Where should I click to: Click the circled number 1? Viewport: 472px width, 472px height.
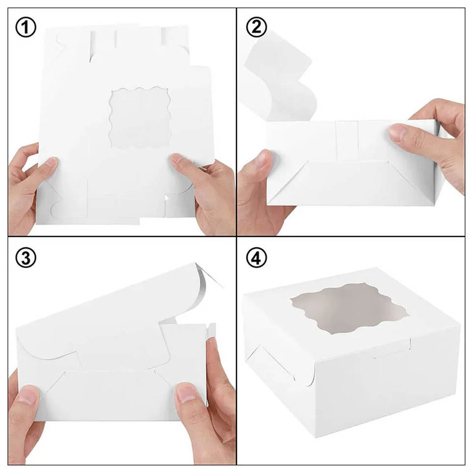[26, 27]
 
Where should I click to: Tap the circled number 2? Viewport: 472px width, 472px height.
[256, 27]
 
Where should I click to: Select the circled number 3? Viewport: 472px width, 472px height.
[26, 258]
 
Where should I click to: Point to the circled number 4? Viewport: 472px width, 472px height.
[256, 258]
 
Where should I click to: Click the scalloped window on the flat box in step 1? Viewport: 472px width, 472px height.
[140, 118]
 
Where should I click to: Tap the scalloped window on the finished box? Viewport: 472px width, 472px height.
[350, 309]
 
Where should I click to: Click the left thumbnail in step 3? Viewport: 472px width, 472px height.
[29, 395]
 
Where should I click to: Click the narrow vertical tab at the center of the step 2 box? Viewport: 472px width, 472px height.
[348, 141]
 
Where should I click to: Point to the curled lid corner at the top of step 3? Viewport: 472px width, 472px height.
[207, 275]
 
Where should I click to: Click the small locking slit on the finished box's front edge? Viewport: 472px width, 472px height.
[410, 345]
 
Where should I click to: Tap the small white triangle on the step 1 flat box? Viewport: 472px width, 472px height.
[167, 198]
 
